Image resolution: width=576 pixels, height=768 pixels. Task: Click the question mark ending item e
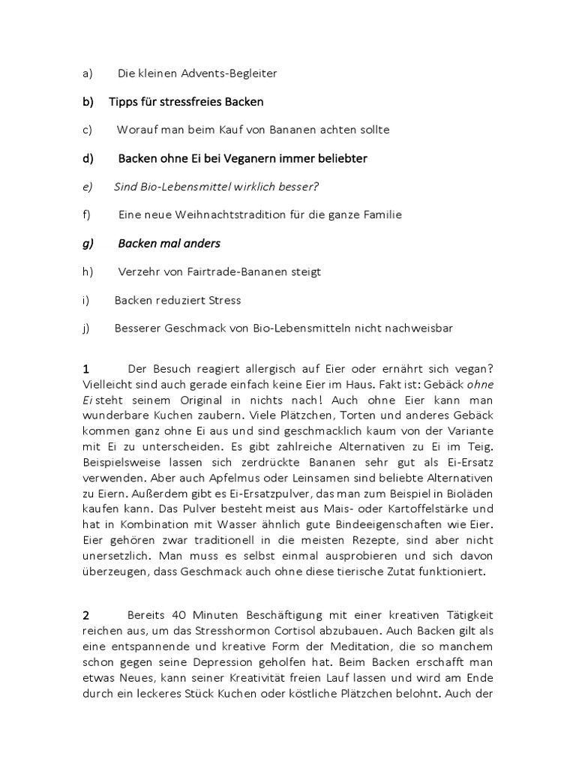(x=305, y=187)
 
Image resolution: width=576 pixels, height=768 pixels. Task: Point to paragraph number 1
(x=86, y=369)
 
